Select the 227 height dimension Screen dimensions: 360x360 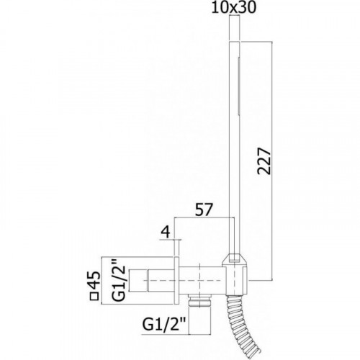click(x=264, y=161)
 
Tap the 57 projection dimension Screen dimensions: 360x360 click(x=204, y=210)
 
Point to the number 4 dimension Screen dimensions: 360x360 click(x=166, y=232)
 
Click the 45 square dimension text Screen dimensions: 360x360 click(x=94, y=280)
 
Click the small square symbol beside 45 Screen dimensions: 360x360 click(x=94, y=296)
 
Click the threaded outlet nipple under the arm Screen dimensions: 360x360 click(x=200, y=300)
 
